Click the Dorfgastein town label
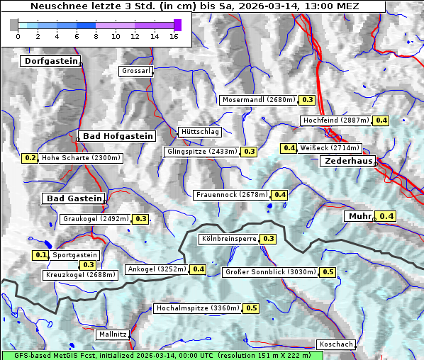50,61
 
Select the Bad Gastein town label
74,198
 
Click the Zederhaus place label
348,161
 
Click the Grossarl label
135,71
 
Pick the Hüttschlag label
200,132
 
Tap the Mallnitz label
113,334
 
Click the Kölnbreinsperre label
228,239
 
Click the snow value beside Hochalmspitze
252,308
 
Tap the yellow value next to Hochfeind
381,120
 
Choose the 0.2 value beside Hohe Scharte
30,158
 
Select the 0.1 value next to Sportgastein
41,254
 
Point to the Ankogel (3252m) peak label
156,269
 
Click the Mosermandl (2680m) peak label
259,100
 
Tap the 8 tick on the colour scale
96,35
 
